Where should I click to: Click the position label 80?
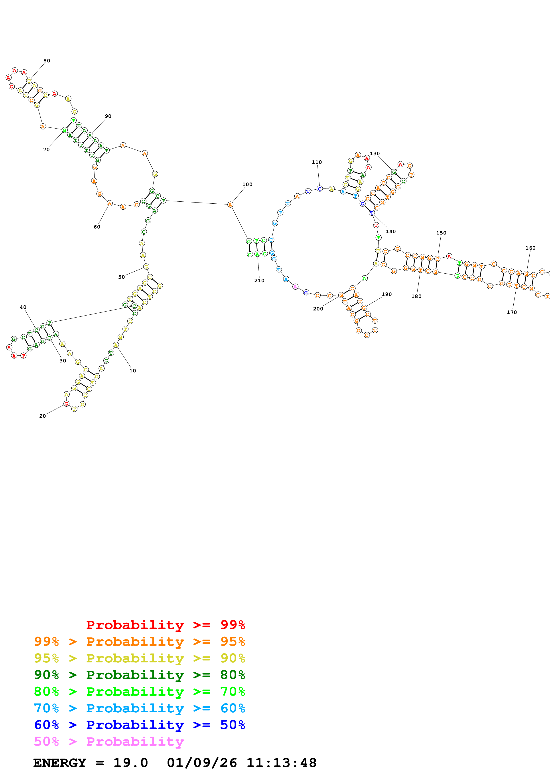click(47, 61)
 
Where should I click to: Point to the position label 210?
click(259, 281)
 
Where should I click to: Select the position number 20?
click(42, 416)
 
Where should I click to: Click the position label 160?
click(530, 248)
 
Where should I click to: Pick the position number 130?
click(375, 154)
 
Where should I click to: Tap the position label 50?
click(121, 277)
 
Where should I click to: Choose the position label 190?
click(387, 294)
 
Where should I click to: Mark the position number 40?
click(23, 307)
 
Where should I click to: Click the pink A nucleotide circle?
click(295, 287)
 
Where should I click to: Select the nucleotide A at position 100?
click(230, 205)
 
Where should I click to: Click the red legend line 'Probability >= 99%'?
click(165, 625)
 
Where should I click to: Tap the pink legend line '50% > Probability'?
click(108, 742)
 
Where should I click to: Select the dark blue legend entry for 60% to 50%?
click(139, 725)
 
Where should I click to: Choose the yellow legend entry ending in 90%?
click(139, 658)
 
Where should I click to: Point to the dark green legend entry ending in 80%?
click(139, 675)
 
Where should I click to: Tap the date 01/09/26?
click(202, 763)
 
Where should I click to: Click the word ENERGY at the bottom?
click(60, 763)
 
